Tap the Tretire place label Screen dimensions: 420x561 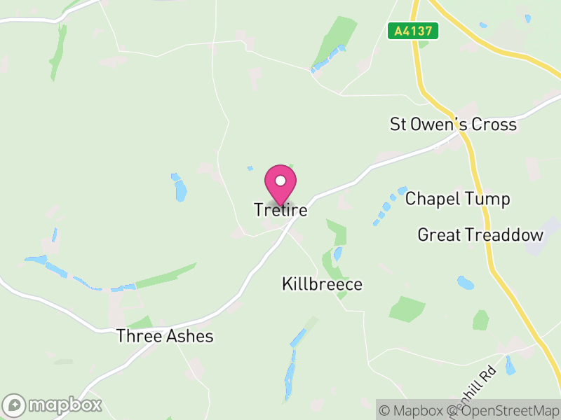280,209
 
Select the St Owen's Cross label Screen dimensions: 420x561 453,125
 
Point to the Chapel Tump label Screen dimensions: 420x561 458,199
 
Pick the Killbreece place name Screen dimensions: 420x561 322,283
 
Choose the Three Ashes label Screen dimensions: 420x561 165,336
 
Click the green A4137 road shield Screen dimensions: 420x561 413,31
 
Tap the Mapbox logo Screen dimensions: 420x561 53,405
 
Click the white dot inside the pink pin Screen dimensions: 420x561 280,181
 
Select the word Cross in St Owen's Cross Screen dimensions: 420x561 494,125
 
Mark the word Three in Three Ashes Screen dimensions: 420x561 137,336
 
